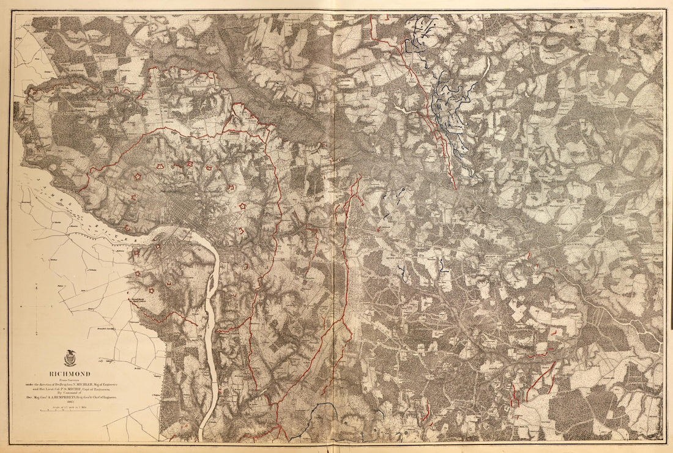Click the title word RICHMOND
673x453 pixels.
pos(70,374)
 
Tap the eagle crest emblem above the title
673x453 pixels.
pos(70,358)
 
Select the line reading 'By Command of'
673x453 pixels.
pos(70,392)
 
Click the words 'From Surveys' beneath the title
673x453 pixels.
pos(70,379)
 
